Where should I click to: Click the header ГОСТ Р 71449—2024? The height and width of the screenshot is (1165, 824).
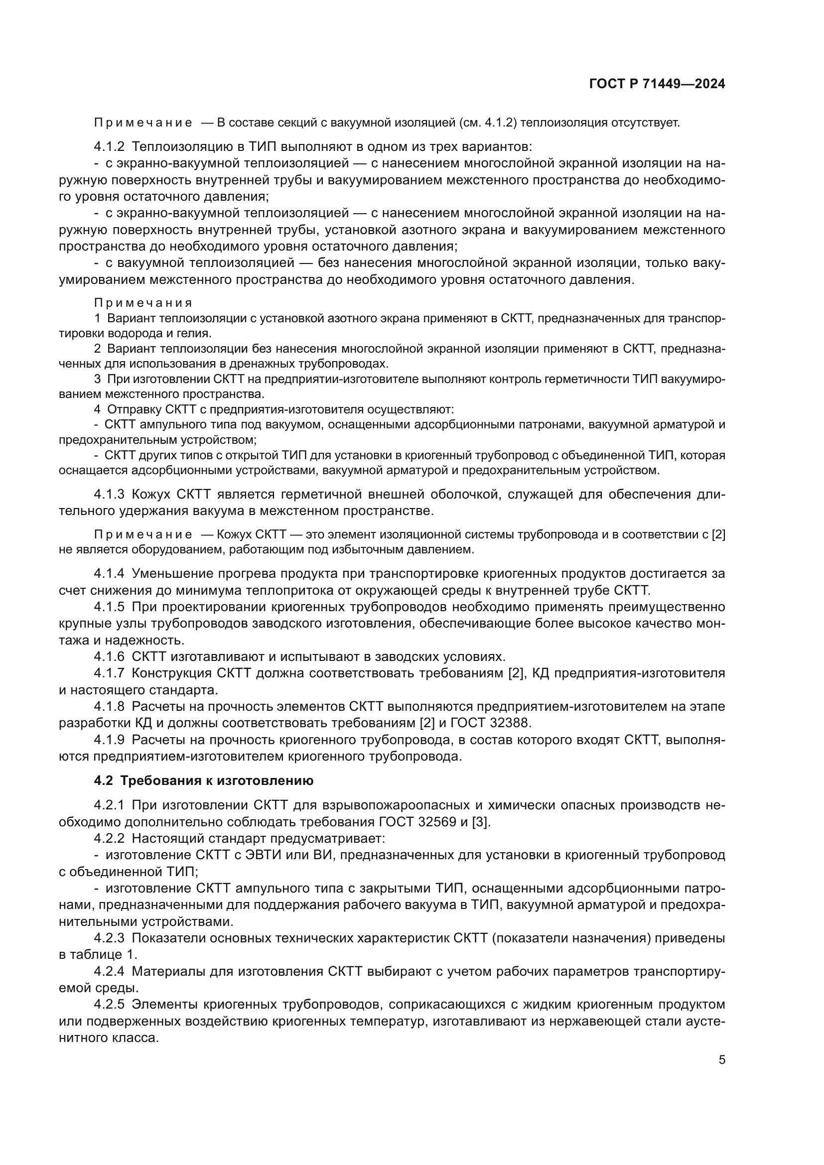pos(657,84)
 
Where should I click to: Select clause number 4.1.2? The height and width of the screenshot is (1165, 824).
pos(109,146)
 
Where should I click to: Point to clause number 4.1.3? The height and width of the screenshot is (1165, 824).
pos(109,494)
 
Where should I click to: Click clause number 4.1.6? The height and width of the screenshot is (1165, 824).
pos(109,656)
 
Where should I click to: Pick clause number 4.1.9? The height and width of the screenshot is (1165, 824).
pos(109,740)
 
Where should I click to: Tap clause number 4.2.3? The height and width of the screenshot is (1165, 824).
pos(109,938)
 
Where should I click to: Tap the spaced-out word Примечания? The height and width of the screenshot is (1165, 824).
pos(143,303)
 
